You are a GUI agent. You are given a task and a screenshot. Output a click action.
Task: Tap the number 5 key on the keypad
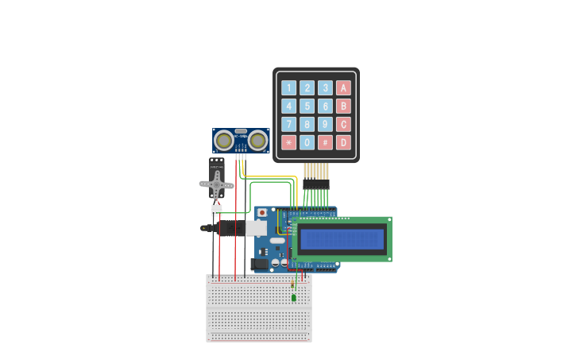(x=307, y=106)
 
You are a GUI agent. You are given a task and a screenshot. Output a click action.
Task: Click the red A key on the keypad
(x=343, y=87)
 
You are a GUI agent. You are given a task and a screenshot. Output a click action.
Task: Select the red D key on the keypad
(x=343, y=142)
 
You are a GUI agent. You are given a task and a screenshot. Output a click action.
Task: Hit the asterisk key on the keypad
(x=288, y=142)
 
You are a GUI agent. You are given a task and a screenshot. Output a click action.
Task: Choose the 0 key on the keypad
(x=307, y=142)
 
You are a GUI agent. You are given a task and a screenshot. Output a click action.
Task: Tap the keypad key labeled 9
(x=325, y=124)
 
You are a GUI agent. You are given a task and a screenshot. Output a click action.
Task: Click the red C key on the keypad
(x=343, y=124)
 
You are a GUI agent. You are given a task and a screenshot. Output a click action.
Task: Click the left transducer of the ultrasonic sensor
(x=224, y=141)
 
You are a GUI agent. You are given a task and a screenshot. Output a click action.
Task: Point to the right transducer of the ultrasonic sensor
(x=257, y=141)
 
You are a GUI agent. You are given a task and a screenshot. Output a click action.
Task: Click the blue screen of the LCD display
(x=342, y=239)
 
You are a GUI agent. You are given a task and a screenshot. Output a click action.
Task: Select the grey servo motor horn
(x=216, y=185)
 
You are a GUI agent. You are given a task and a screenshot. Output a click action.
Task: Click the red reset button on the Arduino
(x=262, y=213)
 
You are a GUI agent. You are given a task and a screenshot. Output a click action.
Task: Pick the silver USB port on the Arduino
(x=256, y=228)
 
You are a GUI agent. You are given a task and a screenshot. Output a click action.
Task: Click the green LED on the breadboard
(x=293, y=298)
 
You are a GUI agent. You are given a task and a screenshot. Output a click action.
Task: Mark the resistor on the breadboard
(x=292, y=284)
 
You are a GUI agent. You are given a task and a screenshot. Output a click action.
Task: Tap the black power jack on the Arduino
(x=259, y=264)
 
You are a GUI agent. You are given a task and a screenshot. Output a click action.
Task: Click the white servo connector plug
(x=216, y=210)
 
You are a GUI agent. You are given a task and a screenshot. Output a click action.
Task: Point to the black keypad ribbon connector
(x=315, y=184)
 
